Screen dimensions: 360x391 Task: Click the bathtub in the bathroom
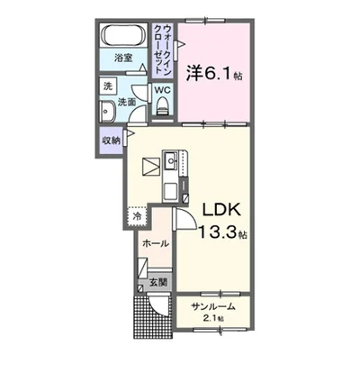[x=123, y=36]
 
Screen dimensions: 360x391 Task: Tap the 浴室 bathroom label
[x=123, y=58]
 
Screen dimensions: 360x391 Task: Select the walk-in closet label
[x=163, y=50]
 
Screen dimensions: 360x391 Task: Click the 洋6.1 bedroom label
[x=214, y=73]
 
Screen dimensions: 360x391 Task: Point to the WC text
[x=163, y=90]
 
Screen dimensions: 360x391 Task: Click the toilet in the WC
[x=163, y=105]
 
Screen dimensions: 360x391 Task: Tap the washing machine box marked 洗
[x=107, y=86]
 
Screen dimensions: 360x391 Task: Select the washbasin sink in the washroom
[x=107, y=112]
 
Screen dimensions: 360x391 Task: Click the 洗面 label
[x=126, y=102]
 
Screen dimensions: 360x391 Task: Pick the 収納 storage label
[x=111, y=141]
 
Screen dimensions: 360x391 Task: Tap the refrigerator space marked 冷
[x=137, y=216]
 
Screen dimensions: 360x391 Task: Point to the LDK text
[x=221, y=210]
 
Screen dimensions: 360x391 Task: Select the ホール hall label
[x=156, y=243]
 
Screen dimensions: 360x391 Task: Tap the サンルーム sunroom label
[x=213, y=307]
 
